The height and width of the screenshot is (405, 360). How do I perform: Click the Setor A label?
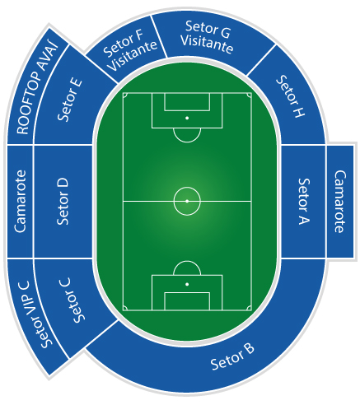click(x=304, y=202)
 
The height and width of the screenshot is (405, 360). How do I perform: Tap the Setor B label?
click(x=232, y=356)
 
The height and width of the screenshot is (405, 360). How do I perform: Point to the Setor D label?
click(x=63, y=202)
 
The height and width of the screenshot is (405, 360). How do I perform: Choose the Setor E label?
click(x=70, y=100)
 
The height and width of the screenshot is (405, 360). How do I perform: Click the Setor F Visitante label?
click(x=129, y=49)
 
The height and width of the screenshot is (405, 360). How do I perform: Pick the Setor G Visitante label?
click(x=207, y=37)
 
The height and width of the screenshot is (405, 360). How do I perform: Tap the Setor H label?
click(x=291, y=96)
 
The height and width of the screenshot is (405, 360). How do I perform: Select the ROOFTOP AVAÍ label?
click(x=37, y=88)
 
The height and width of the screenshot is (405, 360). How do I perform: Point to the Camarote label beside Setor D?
click(x=20, y=202)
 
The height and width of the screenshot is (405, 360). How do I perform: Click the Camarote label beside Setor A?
click(x=340, y=202)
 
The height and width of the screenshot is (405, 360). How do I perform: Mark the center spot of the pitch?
click(x=187, y=201)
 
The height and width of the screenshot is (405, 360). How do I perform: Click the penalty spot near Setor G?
click(x=187, y=118)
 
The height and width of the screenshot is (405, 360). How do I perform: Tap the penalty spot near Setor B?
click(x=187, y=284)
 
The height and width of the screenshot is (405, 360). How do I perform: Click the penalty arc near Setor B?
click(x=187, y=261)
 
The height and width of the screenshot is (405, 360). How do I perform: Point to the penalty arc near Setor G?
click(x=187, y=142)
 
